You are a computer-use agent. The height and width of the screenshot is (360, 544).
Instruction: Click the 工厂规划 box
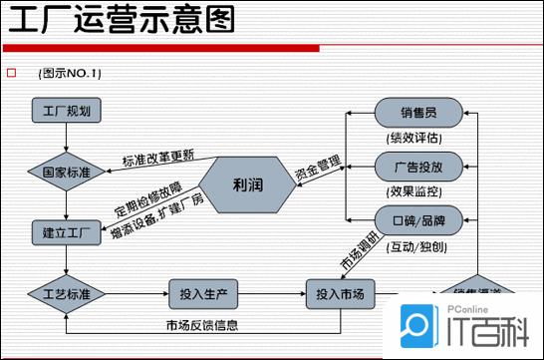(x=65, y=111)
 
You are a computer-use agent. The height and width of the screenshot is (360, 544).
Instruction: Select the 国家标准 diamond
(x=66, y=172)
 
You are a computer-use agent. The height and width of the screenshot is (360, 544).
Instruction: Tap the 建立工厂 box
(x=66, y=233)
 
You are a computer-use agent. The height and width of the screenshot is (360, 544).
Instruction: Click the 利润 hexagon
(x=246, y=183)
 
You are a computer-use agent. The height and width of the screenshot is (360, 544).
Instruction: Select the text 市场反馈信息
(x=201, y=325)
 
